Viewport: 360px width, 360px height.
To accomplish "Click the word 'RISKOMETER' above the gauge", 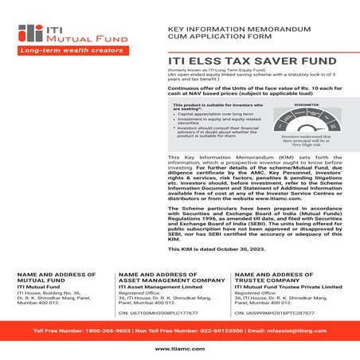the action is pyautogui.click(x=306, y=104).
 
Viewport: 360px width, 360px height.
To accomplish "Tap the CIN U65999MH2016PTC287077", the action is pyautogui.click(x=279, y=315).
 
